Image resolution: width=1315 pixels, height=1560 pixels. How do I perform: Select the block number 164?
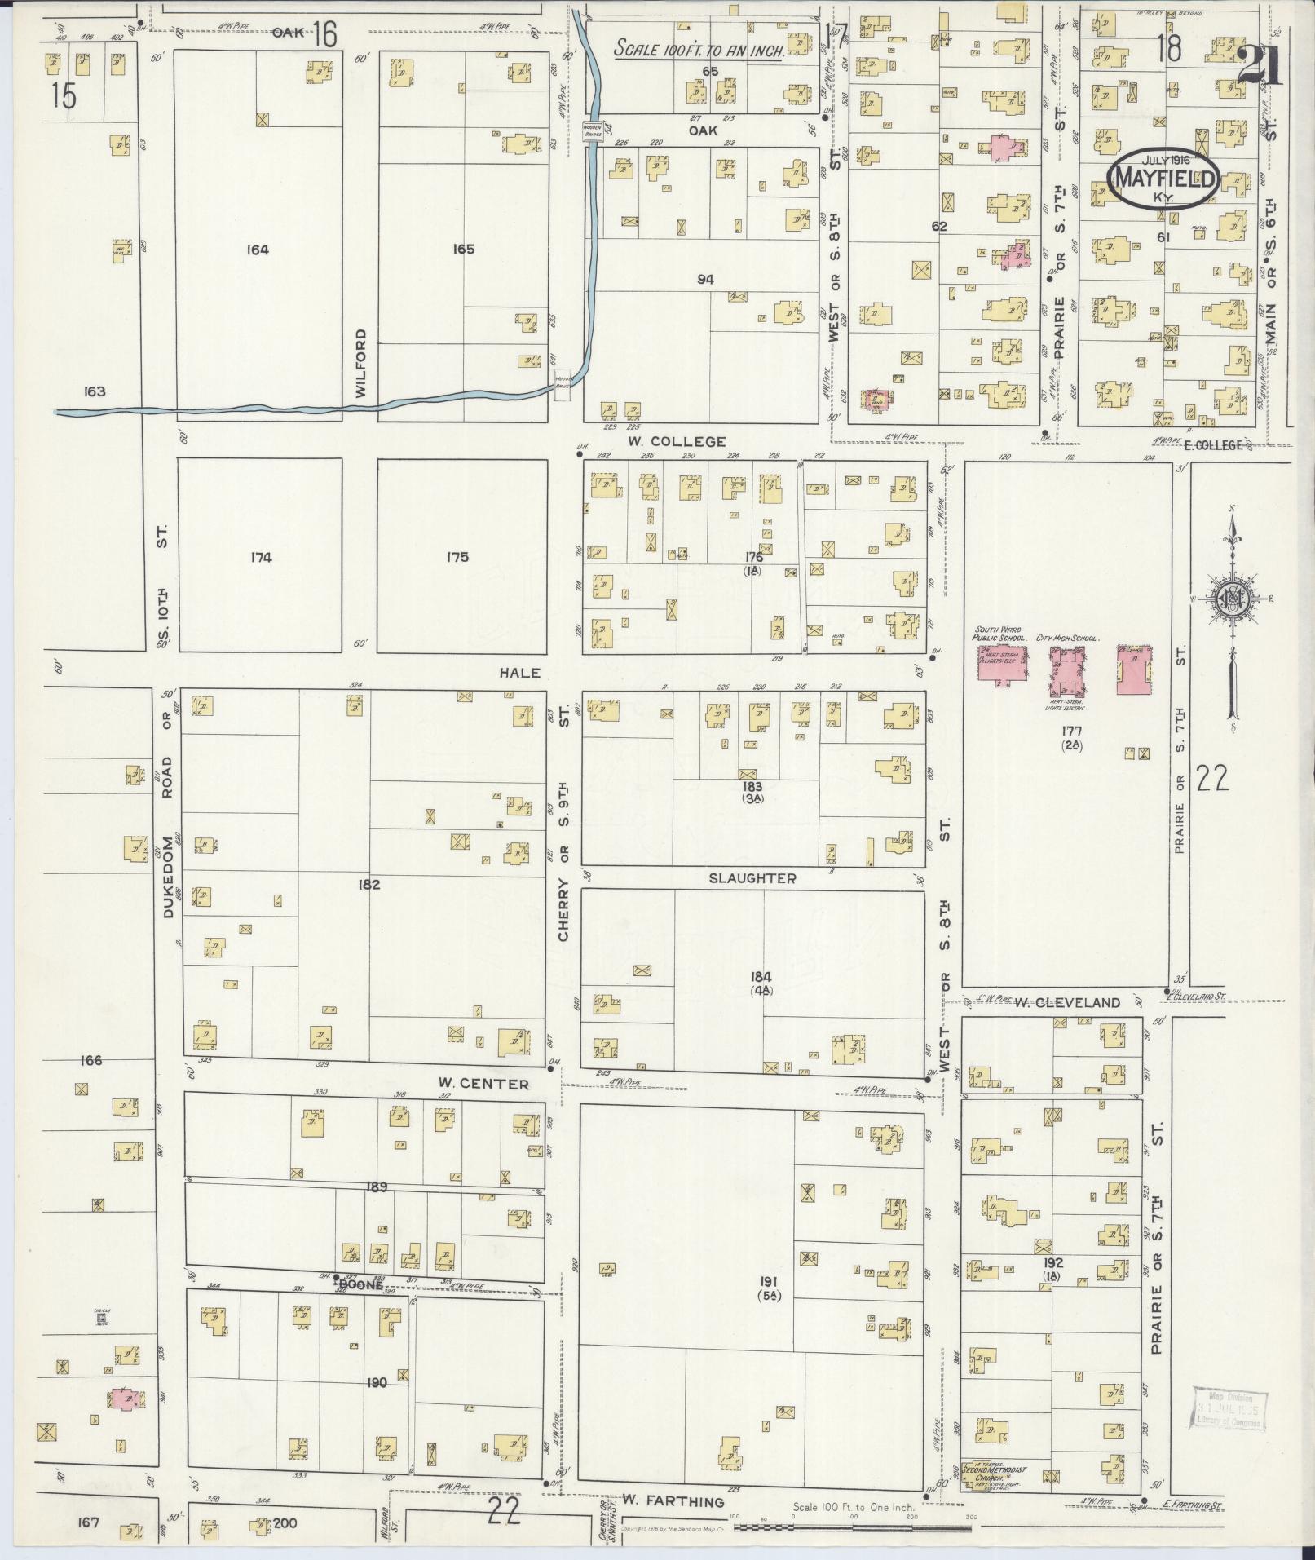coord(258,250)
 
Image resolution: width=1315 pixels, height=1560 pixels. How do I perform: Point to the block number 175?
coord(457,558)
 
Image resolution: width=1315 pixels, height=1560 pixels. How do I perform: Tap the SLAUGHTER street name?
coord(752,878)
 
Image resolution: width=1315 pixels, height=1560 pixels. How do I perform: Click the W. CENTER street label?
coord(483,1084)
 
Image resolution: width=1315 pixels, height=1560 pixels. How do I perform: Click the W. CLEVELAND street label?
coord(1067,1003)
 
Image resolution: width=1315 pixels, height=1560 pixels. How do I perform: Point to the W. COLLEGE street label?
coord(676,442)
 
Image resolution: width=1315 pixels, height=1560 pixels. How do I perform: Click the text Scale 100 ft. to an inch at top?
coord(699,49)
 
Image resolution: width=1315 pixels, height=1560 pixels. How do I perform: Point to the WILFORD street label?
coord(362,363)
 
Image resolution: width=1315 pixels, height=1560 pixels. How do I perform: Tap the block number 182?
coord(369,884)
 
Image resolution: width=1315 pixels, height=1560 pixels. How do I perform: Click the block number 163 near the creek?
coord(95,391)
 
